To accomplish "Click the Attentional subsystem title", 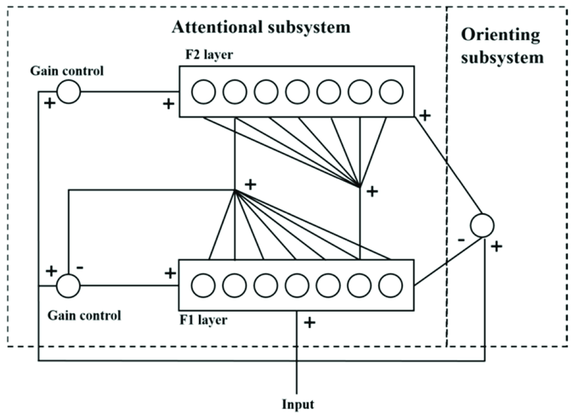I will pyautogui.click(x=261, y=28).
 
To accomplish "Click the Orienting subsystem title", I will pyautogui.click(x=502, y=46).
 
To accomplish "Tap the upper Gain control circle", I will pyautogui.click(x=68, y=92).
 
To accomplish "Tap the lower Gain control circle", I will pyautogui.click(x=68, y=285).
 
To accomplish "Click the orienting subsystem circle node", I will pyautogui.click(x=481, y=225).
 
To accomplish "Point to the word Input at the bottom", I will pyautogui.click(x=297, y=405).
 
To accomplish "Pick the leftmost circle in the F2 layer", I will pyautogui.click(x=203, y=92).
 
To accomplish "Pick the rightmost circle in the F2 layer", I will pyautogui.click(x=390, y=92).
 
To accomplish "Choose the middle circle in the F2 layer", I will pyautogui.click(x=297, y=92).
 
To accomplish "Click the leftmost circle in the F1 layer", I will pyautogui.click(x=203, y=285).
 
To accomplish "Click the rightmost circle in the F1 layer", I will pyautogui.click(x=390, y=285).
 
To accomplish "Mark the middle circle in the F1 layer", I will pyautogui.click(x=297, y=285).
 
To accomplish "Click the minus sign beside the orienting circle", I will pyautogui.click(x=460, y=239).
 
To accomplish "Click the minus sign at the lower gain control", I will pyautogui.click(x=80, y=267).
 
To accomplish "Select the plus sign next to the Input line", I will pyautogui.click(x=309, y=322).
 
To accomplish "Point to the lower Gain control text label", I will pyautogui.click(x=84, y=315).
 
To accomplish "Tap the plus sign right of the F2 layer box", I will pyautogui.click(x=425, y=115).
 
